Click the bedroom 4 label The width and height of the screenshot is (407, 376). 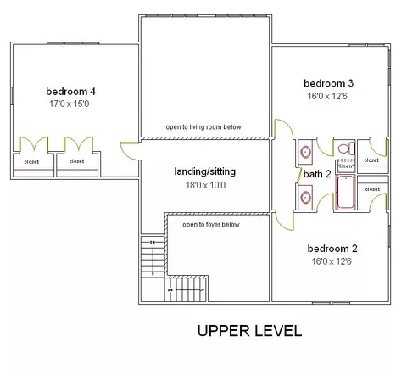tap(70, 92)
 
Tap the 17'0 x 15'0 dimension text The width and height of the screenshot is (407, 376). tap(70, 104)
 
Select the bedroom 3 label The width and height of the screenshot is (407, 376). tap(328, 83)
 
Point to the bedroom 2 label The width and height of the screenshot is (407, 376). tap(332, 249)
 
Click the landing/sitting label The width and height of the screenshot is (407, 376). tap(205, 171)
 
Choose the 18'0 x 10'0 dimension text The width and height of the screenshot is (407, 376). tap(205, 185)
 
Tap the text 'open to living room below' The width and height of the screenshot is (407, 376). tap(203, 127)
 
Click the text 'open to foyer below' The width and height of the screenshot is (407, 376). tap(211, 225)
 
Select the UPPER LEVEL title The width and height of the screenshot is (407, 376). tap(249, 331)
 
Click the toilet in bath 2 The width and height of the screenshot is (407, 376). tap(346, 149)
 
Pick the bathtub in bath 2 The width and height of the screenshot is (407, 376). tap(345, 192)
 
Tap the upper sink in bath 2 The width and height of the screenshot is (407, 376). tap(305, 152)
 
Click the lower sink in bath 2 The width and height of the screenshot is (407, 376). tap(305, 197)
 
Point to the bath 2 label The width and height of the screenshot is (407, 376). tap(317, 174)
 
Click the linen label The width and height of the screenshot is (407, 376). tap(346, 166)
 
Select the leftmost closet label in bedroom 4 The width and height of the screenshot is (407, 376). tap(31, 162)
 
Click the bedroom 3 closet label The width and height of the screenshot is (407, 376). tap(371, 160)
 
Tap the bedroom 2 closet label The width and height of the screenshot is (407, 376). tap(372, 189)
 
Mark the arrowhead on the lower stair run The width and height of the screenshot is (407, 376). tap(202, 290)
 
